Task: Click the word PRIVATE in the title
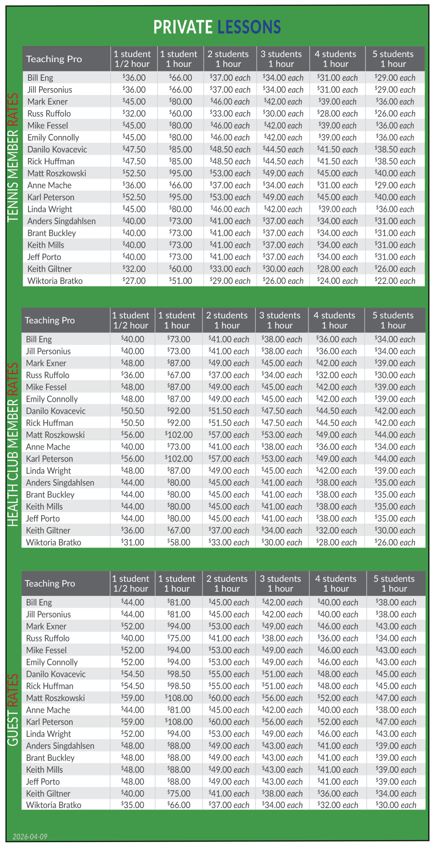(x=182, y=27)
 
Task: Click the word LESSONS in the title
(x=249, y=27)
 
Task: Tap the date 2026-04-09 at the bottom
(x=30, y=836)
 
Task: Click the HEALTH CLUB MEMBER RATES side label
(x=13, y=444)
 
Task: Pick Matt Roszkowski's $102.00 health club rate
(x=178, y=435)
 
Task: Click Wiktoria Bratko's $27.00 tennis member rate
(x=134, y=281)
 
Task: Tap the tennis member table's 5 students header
(x=393, y=59)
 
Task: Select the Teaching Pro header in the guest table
(x=50, y=584)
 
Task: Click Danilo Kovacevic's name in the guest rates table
(x=56, y=674)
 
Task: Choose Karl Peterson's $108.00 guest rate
(x=178, y=722)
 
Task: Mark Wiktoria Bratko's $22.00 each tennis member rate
(x=395, y=281)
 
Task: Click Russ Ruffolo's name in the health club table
(x=48, y=375)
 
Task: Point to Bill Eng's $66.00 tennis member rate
(x=180, y=78)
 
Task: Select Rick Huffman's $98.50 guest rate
(x=178, y=686)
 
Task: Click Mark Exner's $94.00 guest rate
(x=178, y=626)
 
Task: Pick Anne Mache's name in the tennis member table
(x=49, y=185)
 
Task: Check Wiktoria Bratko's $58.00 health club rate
(x=178, y=542)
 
